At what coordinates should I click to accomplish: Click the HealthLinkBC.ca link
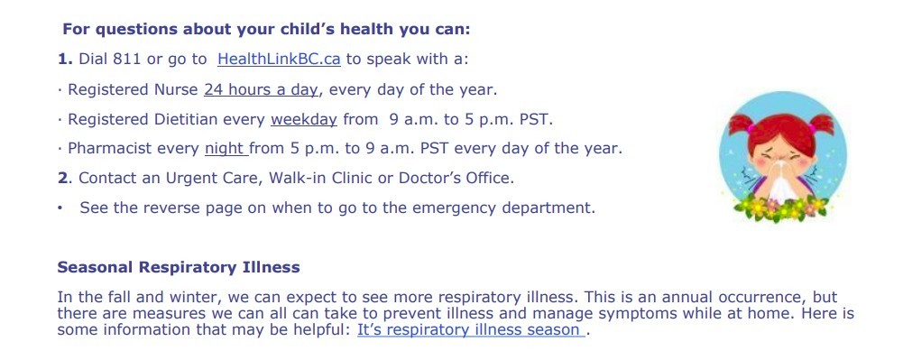[279, 60]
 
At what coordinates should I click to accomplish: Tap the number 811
[126, 60]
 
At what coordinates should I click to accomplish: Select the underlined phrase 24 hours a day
[261, 90]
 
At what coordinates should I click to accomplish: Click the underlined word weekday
[304, 120]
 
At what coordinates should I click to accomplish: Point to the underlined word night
[226, 149]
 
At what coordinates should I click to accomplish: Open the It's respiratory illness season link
[469, 330]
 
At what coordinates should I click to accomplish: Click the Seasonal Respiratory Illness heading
[179, 267]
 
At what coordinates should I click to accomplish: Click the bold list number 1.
[63, 60]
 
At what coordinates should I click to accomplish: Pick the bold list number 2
[63, 178]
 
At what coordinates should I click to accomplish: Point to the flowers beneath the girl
[781, 208]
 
